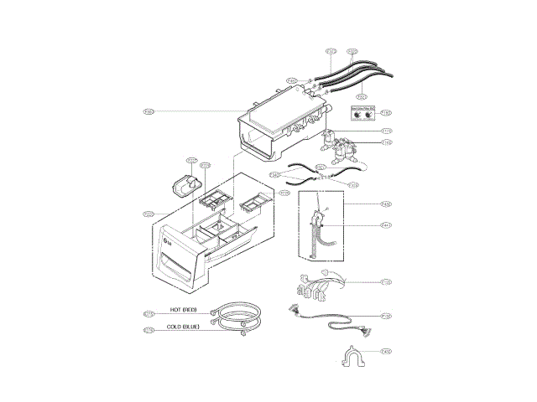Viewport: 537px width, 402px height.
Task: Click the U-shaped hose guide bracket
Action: [x=352, y=359]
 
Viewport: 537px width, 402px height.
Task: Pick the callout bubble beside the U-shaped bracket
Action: [x=385, y=351]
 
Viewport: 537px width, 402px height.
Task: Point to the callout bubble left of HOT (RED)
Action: [x=149, y=313]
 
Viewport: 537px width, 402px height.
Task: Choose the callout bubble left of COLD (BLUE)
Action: [x=149, y=331]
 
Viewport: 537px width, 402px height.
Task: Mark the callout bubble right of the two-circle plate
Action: [x=386, y=113]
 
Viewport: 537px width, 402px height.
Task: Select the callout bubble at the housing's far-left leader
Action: [x=148, y=111]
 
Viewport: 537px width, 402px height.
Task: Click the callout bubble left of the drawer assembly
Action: [x=148, y=214]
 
